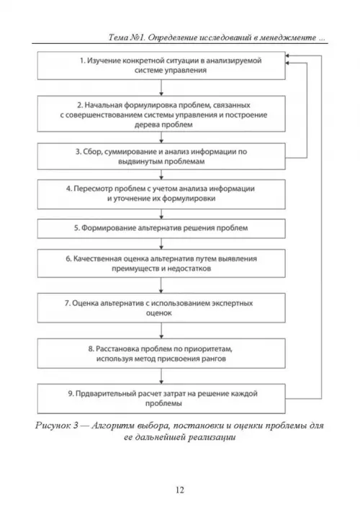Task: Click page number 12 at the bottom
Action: tap(180, 490)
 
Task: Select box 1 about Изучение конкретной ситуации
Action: tap(161, 66)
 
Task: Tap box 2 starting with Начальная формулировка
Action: tap(161, 114)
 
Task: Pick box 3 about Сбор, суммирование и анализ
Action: tap(161, 157)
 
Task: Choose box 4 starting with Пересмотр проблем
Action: tap(161, 194)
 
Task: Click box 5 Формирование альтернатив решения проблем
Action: tap(161, 228)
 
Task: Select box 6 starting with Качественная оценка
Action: tap(161, 263)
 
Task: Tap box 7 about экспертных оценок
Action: tap(161, 308)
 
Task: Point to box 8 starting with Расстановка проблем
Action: tap(161, 353)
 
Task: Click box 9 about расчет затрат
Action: tap(161, 399)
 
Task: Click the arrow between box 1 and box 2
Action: tap(161, 88)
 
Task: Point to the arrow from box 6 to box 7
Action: tap(161, 285)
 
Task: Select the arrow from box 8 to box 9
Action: tap(161, 376)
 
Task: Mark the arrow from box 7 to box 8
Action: tap(161, 330)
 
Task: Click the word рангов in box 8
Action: tap(213, 359)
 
